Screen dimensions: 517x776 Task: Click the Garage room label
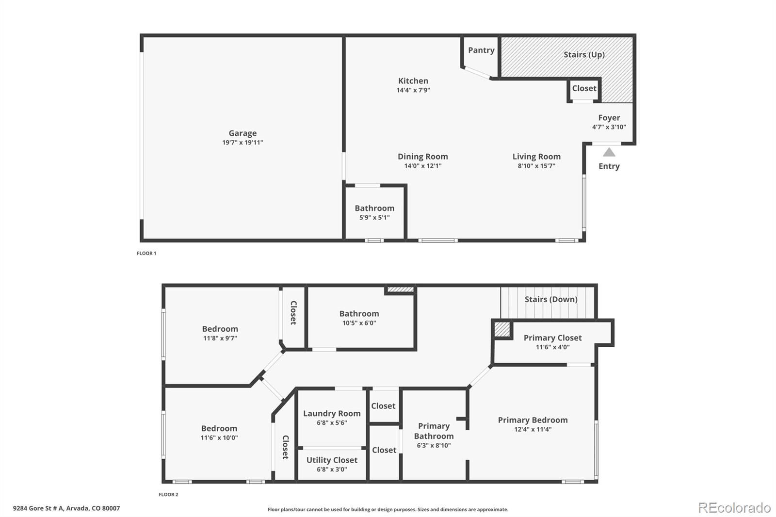242,133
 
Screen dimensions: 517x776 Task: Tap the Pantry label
481,50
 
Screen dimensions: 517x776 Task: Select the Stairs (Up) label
584,55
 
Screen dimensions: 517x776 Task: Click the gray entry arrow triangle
609,152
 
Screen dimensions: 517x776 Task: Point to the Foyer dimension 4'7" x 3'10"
609,127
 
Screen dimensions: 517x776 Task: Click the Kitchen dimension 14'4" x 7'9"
413,90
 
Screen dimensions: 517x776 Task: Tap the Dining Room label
422,157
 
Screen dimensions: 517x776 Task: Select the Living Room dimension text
536,166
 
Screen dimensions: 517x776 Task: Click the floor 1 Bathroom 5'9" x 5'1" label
374,209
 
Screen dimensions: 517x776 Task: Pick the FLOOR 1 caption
146,253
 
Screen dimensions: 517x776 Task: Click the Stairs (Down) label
551,299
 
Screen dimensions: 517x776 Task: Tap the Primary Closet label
552,338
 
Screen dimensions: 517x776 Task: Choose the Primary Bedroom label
533,420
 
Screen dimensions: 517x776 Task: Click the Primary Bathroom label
434,431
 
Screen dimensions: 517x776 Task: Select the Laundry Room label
332,414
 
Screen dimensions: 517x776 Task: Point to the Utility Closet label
332,460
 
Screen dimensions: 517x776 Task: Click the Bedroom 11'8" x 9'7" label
220,329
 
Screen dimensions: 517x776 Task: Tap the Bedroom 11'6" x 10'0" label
219,429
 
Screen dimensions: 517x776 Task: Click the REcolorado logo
734,508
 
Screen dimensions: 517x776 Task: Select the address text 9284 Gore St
66,508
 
